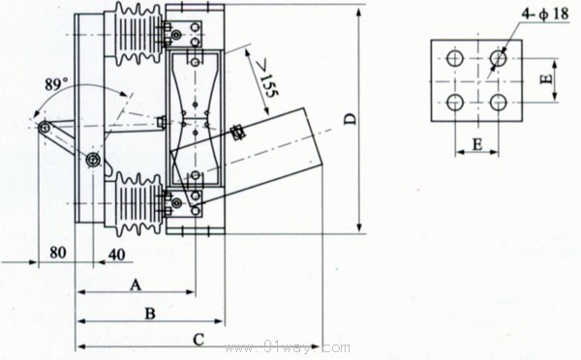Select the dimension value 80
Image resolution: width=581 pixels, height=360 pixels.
pyautogui.click(x=58, y=253)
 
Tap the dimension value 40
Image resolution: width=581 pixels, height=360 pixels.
pyautogui.click(x=117, y=255)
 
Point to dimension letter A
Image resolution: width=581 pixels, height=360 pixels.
pyautogui.click(x=136, y=285)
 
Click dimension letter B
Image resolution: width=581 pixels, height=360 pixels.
pyautogui.click(x=150, y=314)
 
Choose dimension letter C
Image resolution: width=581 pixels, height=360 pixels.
pyautogui.click(x=199, y=340)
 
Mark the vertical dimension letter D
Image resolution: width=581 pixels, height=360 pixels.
pyautogui.click(x=351, y=119)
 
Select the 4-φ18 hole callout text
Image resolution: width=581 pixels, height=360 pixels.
pyautogui.click(x=544, y=14)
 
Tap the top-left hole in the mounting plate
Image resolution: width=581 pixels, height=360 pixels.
pyautogui.click(x=455, y=58)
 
